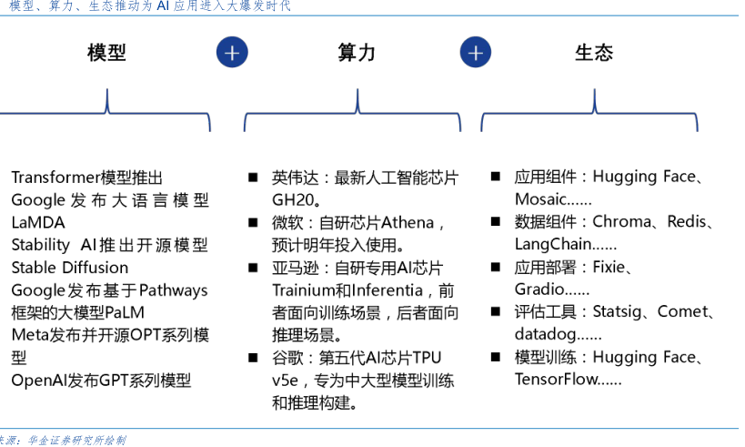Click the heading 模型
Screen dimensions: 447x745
click(x=107, y=53)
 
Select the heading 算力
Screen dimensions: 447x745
click(x=356, y=53)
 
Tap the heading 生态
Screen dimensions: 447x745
click(x=594, y=53)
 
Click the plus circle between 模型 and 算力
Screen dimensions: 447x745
click(x=232, y=53)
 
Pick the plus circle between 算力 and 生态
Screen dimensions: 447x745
click(x=475, y=53)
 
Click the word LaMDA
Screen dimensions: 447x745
click(x=38, y=222)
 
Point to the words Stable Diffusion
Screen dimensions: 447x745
click(x=70, y=268)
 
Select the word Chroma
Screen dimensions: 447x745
click(x=622, y=222)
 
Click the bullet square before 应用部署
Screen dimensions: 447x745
click(x=496, y=268)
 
